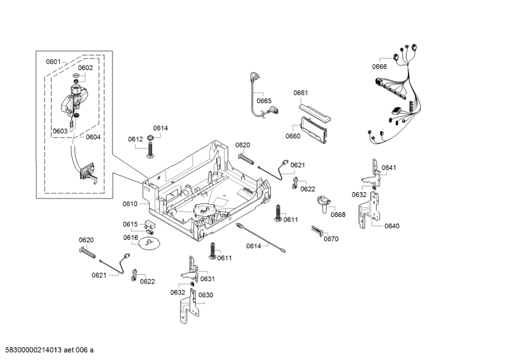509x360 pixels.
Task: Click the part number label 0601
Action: [x=53, y=62]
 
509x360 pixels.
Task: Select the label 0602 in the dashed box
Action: [x=85, y=68]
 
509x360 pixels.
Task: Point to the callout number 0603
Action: [x=60, y=131]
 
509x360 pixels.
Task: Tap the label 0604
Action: [x=93, y=137]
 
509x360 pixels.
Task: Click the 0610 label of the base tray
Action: [x=130, y=204]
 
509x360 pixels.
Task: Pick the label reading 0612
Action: [x=135, y=139]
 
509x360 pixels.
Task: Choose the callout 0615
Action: [x=130, y=224]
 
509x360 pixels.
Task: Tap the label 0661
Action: [x=301, y=93]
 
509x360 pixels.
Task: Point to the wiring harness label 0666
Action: [x=379, y=67]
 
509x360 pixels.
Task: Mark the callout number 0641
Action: [x=389, y=168]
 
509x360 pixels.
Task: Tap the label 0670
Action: [x=331, y=239]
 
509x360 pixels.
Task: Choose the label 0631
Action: [x=207, y=279]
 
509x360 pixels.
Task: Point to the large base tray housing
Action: [x=204, y=184]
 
